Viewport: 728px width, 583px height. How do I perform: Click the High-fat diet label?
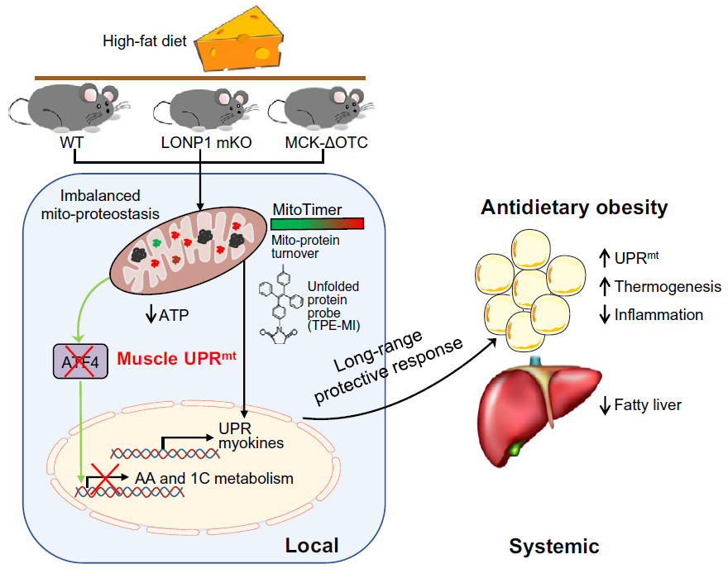[145, 41]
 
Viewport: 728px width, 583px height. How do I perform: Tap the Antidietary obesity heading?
[574, 207]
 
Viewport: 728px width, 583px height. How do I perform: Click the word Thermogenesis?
[668, 287]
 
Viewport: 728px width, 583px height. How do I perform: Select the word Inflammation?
[659, 314]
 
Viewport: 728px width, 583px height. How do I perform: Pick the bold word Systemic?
[553, 546]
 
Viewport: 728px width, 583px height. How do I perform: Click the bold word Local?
[312, 545]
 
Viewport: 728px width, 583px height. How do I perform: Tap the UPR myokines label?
[251, 436]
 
